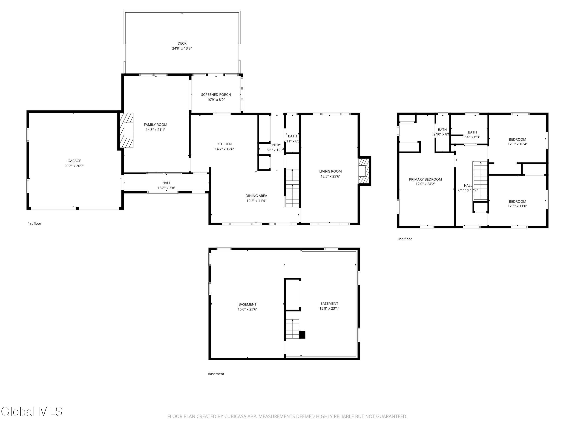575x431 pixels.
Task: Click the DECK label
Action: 182,43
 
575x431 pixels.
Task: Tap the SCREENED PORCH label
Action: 216,94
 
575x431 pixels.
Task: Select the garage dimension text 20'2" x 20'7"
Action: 74,166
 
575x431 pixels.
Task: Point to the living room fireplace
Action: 364,171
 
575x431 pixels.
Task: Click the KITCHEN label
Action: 224,144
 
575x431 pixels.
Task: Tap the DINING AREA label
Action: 256,196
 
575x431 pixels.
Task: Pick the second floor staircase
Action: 480,181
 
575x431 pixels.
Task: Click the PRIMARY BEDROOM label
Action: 425,179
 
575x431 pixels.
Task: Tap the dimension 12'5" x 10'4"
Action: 517,144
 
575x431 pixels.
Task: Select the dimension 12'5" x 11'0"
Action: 517,206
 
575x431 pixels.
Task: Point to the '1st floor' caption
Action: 34,223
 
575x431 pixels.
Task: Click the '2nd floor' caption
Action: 405,239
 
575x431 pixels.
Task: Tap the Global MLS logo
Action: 32,411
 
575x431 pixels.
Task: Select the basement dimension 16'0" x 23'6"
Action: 247,309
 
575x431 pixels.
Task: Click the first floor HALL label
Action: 166,183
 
